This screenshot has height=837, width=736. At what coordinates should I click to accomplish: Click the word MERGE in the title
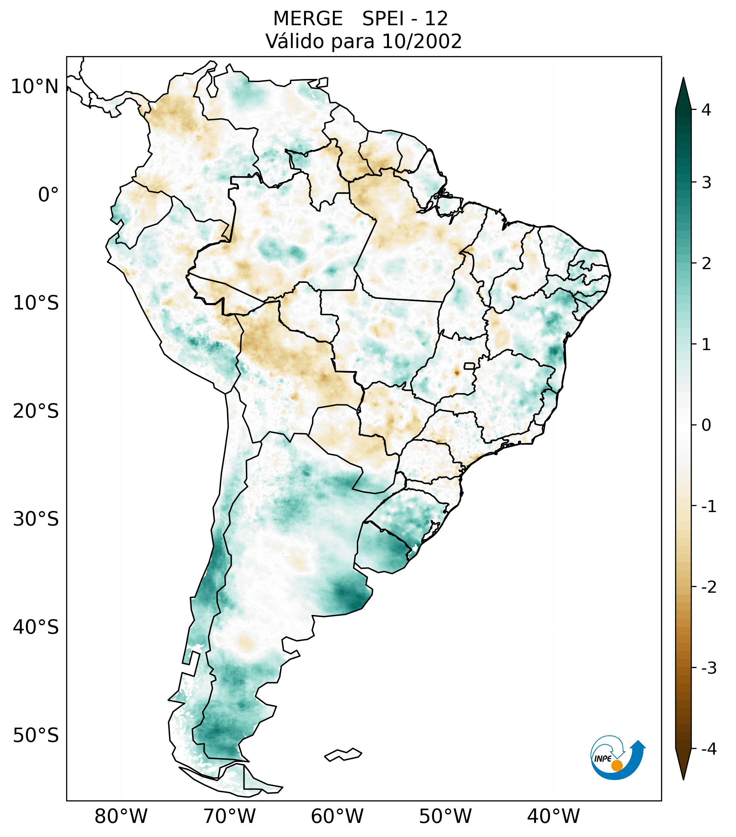click(307, 19)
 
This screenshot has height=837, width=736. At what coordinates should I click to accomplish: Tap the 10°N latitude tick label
click(34, 87)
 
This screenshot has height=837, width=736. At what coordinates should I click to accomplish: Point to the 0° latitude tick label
click(48, 195)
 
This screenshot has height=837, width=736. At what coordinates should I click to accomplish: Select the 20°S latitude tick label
click(36, 411)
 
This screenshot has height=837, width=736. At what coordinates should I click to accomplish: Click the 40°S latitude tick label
click(36, 627)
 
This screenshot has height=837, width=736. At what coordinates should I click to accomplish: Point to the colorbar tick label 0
click(706, 425)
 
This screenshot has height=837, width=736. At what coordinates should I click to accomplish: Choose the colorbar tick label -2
click(708, 587)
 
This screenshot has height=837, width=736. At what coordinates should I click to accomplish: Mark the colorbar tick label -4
click(708, 749)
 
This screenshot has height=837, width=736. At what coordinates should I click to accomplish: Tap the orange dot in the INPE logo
click(616, 765)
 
